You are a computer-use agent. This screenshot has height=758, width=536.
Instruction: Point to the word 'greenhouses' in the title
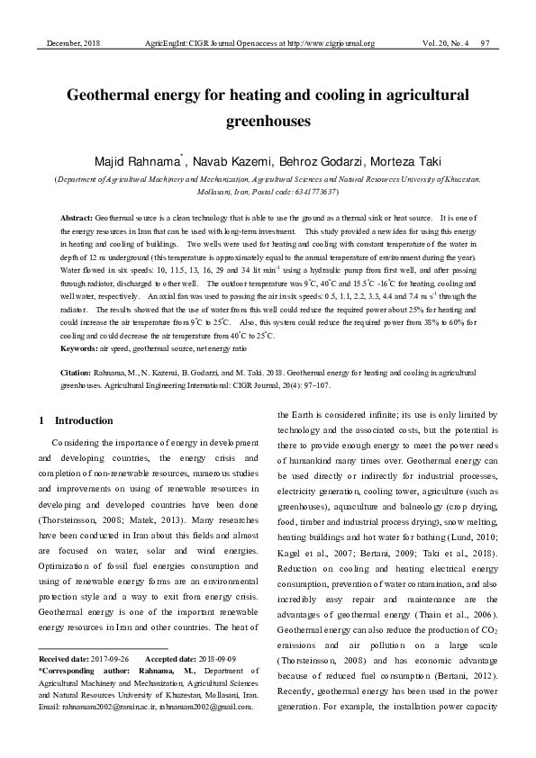268,119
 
